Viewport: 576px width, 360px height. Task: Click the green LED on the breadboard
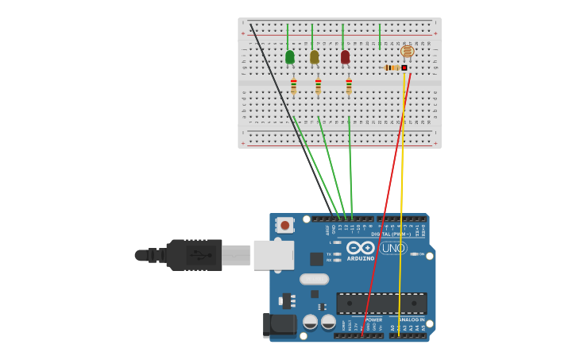[290, 56]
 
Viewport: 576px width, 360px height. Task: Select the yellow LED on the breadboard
[315, 56]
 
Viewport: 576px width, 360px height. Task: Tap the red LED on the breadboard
[345, 56]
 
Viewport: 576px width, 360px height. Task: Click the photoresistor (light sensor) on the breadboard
[407, 52]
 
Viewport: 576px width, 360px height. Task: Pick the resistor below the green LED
[293, 86]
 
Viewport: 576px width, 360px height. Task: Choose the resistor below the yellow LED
[318, 86]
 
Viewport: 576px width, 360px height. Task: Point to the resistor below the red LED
[349, 86]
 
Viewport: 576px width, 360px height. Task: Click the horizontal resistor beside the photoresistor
[392, 68]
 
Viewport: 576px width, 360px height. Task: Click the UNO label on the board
[392, 248]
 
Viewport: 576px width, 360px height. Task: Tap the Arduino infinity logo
[360, 248]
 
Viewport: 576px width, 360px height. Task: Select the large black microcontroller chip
[381, 303]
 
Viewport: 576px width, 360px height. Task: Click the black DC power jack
[279, 324]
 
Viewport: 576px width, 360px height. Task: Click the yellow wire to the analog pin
[401, 199]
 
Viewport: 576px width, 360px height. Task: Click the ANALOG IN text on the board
[411, 319]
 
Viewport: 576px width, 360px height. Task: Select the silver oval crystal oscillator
[315, 279]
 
